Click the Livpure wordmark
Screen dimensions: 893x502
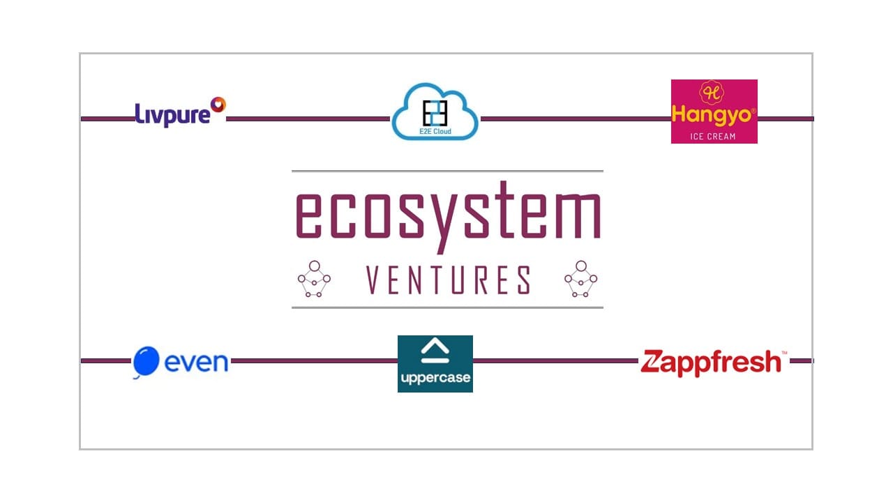[172, 115]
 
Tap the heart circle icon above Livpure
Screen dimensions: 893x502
[218, 105]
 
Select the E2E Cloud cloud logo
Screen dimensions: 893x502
[435, 111]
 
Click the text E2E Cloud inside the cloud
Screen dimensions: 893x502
[435, 131]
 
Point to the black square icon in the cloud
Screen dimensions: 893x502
[435, 113]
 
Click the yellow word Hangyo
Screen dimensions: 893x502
[712, 115]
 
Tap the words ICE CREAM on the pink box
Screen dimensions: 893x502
[713, 136]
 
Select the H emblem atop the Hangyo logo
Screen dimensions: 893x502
[712, 93]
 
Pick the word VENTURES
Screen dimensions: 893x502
[448, 280]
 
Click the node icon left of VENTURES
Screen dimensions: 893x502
[314, 279]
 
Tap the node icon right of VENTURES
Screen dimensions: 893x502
[581, 279]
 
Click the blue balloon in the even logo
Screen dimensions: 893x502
[146, 361]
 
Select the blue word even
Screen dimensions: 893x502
[196, 362]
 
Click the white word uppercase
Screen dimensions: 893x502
[435, 377]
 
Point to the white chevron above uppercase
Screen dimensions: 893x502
[435, 350]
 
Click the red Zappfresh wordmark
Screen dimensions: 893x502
[710, 363]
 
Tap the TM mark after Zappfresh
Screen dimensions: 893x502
[784, 353]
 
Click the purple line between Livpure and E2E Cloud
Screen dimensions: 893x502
[308, 119]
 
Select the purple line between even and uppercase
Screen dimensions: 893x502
[314, 361]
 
